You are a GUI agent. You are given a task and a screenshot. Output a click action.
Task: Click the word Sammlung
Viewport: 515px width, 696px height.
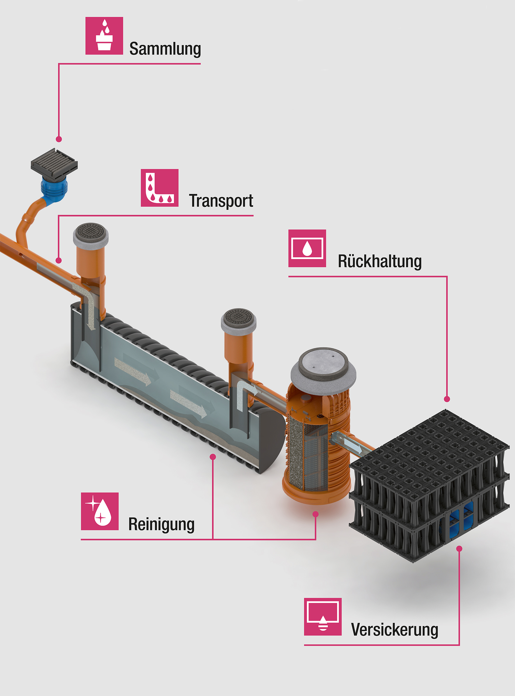pyautogui.click(x=165, y=49)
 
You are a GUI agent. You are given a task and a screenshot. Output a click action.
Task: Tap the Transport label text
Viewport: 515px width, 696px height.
pyautogui.click(x=221, y=201)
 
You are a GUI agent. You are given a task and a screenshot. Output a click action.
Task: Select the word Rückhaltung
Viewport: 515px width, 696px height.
pyautogui.click(x=380, y=261)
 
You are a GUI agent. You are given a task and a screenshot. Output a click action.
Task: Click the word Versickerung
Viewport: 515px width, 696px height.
pyautogui.click(x=394, y=629)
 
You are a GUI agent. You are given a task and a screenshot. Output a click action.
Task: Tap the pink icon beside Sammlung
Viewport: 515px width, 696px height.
pyautogui.click(x=104, y=36)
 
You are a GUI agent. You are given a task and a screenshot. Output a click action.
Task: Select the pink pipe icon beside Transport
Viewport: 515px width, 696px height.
pyautogui.click(x=160, y=188)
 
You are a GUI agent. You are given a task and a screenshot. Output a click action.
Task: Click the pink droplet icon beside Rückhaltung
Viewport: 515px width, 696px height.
pyautogui.click(x=307, y=248)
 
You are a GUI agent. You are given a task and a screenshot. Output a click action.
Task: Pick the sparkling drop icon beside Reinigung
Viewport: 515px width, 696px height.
pyautogui.click(x=100, y=511)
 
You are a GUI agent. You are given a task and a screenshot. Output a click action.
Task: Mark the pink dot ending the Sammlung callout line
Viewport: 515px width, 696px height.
pyautogui.click(x=59, y=139)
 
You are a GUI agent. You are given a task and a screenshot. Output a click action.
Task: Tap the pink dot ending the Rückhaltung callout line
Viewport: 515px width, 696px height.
pyautogui.click(x=447, y=399)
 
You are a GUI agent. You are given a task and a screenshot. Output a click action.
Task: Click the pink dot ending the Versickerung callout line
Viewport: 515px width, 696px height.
pyautogui.click(x=459, y=548)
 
